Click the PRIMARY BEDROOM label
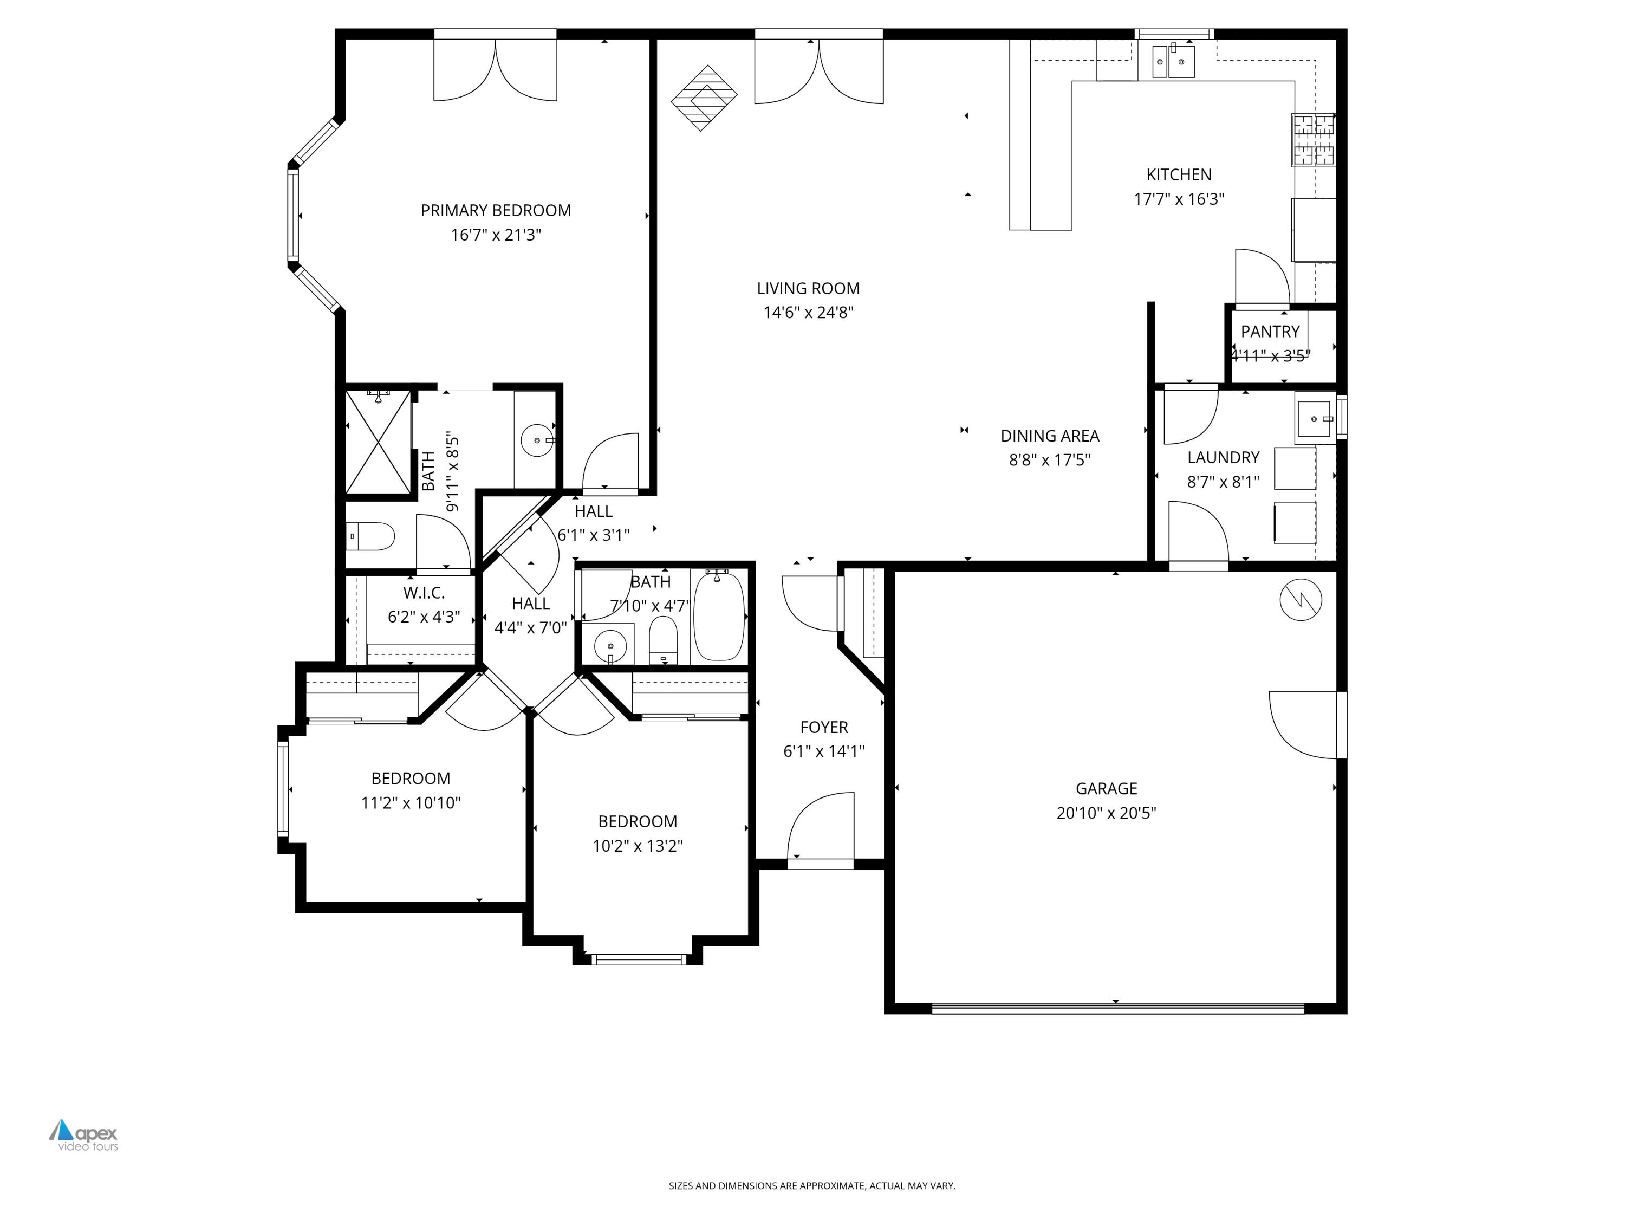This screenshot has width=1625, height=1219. [495, 210]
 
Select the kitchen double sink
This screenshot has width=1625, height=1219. [1173, 61]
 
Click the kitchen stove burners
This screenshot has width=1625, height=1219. [1314, 140]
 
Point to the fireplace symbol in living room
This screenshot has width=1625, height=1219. [704, 98]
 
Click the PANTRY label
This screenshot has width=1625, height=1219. [1270, 332]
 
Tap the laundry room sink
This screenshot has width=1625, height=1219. [1314, 418]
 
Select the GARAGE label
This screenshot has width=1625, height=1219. [1106, 788]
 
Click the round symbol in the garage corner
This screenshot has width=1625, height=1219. [1301, 600]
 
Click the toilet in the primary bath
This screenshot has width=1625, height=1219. [371, 536]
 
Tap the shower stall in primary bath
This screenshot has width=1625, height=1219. [378, 442]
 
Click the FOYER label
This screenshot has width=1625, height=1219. [823, 727]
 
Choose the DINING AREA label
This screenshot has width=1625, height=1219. [1049, 436]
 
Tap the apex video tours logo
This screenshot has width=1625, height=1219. [84, 1135]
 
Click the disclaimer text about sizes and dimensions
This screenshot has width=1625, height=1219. [812, 1185]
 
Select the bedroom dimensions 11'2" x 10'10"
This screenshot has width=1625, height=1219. [410, 802]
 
